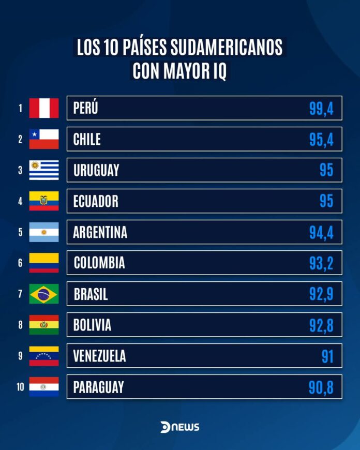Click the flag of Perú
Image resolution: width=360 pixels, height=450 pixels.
44,108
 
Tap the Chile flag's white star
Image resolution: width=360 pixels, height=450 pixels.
34,134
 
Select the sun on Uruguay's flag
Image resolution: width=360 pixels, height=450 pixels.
35,166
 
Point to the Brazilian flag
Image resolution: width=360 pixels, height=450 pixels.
44,294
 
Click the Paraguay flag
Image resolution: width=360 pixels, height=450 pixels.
44,387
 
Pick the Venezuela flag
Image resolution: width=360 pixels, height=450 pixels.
44,356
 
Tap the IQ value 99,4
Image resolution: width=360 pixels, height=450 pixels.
321,108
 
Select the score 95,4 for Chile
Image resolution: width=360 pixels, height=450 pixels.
321,139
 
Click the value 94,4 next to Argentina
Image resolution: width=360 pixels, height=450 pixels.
321,232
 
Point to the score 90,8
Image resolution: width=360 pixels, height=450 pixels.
321,387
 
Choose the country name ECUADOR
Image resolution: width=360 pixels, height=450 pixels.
96,201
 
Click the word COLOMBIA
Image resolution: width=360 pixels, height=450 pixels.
99,263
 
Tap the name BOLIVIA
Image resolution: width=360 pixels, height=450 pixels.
92,325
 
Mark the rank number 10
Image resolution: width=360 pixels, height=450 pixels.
20,387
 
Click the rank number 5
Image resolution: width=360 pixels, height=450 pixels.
20,232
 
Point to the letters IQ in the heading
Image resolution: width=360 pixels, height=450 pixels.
218,71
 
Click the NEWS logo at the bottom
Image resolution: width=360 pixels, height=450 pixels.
179,427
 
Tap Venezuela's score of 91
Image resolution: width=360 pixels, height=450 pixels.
327,356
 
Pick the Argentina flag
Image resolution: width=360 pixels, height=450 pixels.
44,232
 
